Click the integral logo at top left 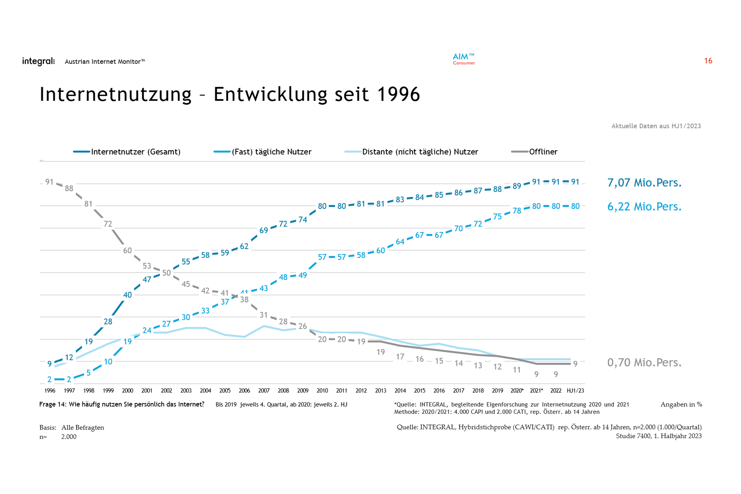[38, 61]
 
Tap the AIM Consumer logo [463, 59]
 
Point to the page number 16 [708, 61]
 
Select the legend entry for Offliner [543, 152]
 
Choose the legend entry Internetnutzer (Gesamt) [135, 152]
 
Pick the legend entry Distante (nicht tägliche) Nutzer [420, 152]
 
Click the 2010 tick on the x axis [322, 391]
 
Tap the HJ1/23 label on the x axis [575, 391]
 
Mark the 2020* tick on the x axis [517, 391]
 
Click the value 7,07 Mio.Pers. [644, 183]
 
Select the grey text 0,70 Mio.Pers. [644, 362]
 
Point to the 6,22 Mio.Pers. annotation [644, 206]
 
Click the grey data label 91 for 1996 [49, 182]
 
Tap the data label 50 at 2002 [166, 273]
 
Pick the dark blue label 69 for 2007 [263, 230]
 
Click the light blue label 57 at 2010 [322, 257]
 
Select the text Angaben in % [681, 404]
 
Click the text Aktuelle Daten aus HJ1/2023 [656, 126]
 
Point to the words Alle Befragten [83, 427]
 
